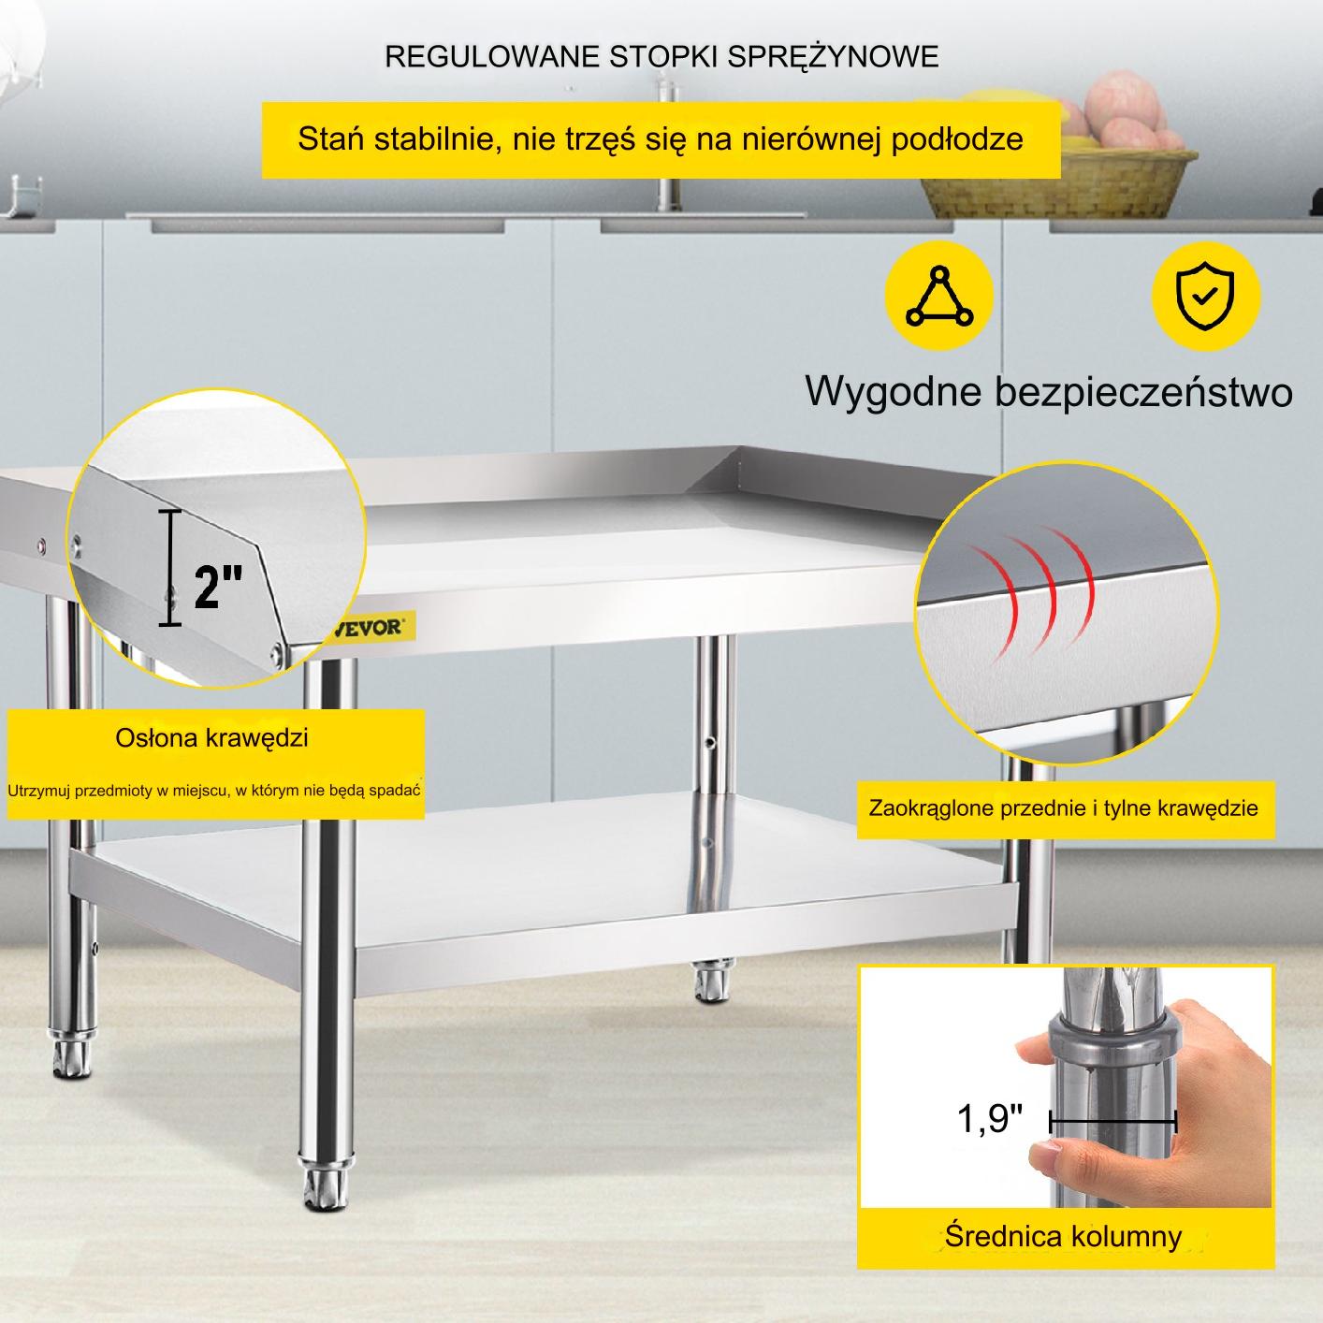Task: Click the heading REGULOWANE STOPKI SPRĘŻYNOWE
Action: pos(661,56)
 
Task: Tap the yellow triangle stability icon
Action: pos(938,296)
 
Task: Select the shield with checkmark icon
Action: pos(1206,296)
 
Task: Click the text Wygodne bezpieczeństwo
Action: pos(1049,392)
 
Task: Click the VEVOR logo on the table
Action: pos(372,627)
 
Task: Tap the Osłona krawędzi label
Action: pos(211,738)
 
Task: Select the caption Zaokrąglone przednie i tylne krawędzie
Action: pos(1064,807)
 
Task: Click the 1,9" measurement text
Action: pos(989,1118)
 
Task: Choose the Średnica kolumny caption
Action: pos(1064,1237)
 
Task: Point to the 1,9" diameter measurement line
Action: pos(1112,1123)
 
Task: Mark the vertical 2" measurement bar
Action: pos(170,569)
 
